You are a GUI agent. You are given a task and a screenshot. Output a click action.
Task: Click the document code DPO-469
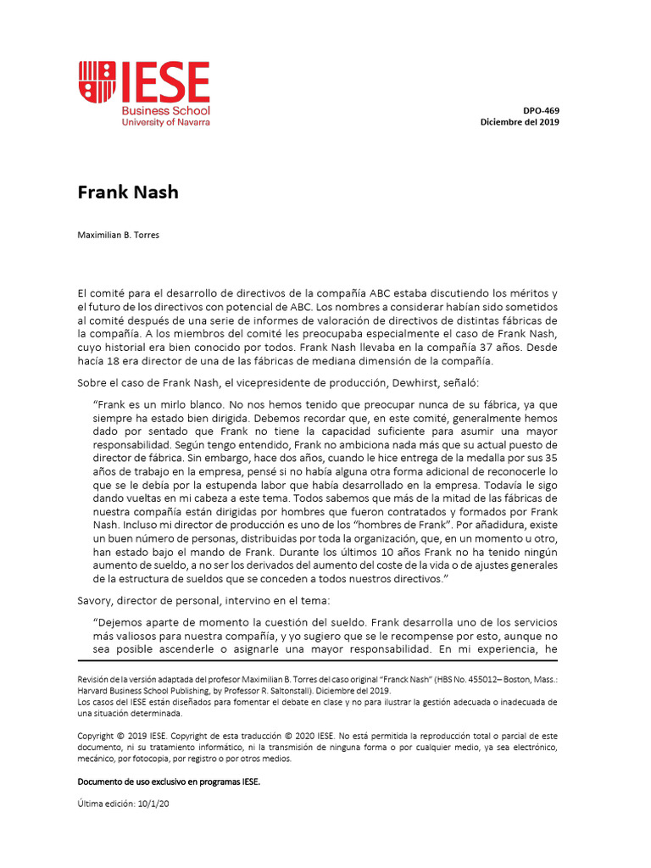(541, 110)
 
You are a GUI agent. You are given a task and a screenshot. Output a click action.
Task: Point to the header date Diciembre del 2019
(520, 121)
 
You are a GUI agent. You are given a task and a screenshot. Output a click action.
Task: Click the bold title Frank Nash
(128, 192)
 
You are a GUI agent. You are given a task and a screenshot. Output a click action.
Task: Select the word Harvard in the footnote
(95, 691)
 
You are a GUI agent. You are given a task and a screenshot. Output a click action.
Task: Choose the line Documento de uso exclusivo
(169, 782)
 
